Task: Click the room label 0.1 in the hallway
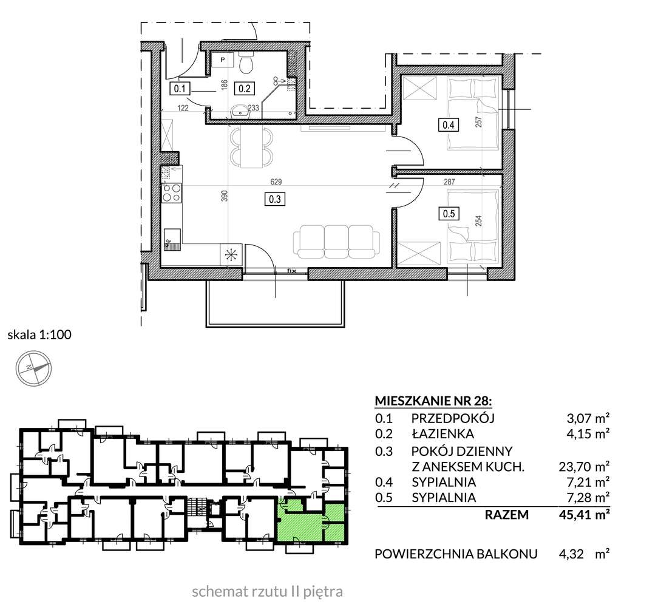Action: (x=180, y=89)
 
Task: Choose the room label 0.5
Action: (x=449, y=214)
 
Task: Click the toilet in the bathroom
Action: (x=247, y=63)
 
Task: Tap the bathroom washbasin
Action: (x=242, y=111)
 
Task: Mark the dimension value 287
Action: (x=449, y=181)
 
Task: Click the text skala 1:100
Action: (x=39, y=334)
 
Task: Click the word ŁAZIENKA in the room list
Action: (x=442, y=433)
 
